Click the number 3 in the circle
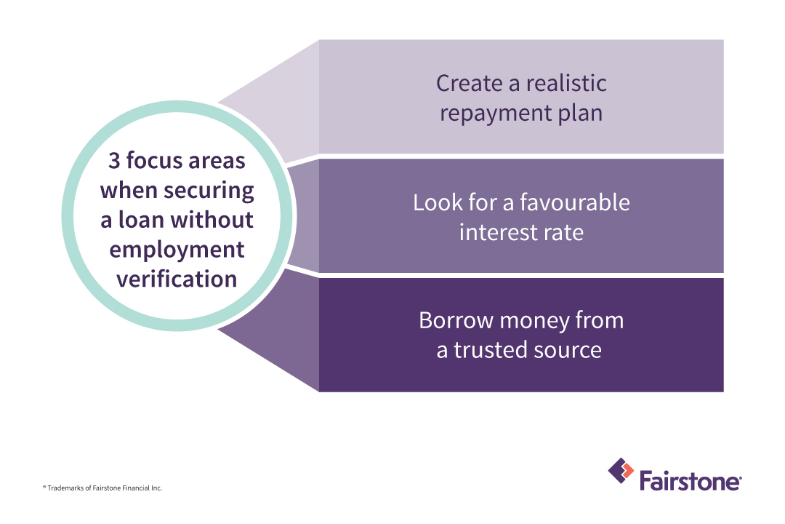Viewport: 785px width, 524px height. coord(114,161)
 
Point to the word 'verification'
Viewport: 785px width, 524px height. coord(177,279)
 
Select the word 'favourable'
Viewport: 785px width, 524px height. coord(576,202)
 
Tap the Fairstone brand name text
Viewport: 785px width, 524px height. coord(690,481)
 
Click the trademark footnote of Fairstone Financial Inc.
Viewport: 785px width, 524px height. coord(102,488)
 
